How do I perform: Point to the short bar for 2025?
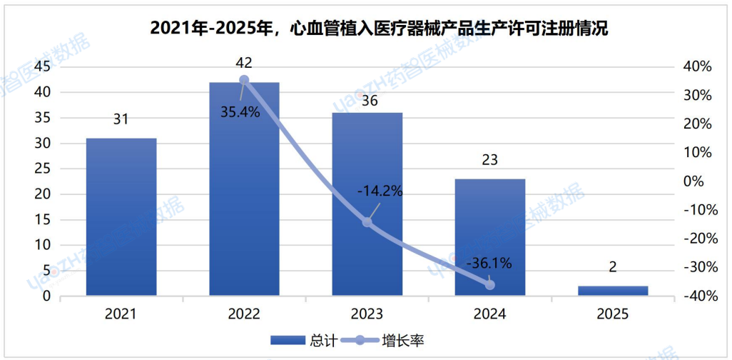click(612, 290)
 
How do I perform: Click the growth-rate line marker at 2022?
click(244, 80)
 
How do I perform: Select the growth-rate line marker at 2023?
click(367, 222)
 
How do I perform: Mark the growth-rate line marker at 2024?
click(489, 284)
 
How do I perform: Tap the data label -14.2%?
click(380, 191)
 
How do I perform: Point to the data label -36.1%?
click(489, 264)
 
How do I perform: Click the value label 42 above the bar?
click(244, 63)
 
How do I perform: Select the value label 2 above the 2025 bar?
click(612, 268)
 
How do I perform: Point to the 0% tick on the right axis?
click(693, 181)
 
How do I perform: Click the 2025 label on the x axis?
click(612, 314)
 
